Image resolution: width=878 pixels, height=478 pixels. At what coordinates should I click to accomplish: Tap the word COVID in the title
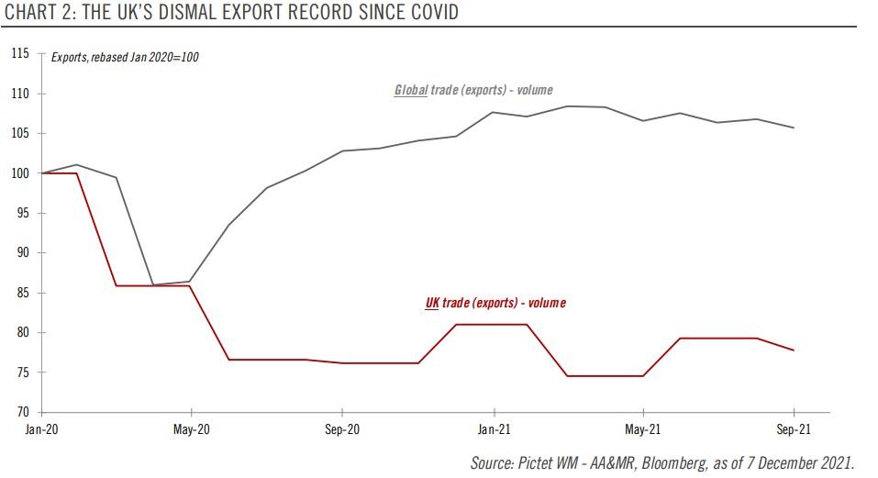click(x=430, y=12)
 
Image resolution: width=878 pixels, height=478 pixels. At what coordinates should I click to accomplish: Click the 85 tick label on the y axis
click(x=24, y=293)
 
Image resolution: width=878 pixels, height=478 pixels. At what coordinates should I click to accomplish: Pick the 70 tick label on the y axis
click(x=24, y=412)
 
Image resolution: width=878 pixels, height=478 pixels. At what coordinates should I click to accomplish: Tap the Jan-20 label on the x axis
click(x=39, y=429)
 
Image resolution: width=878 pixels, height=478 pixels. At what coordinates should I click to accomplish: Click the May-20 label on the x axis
click(x=190, y=429)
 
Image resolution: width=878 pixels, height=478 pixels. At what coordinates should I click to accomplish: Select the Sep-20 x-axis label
click(x=341, y=429)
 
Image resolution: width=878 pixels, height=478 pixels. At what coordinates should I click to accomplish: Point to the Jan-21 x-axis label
click(x=494, y=429)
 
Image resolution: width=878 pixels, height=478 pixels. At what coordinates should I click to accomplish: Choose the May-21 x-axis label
click(x=643, y=429)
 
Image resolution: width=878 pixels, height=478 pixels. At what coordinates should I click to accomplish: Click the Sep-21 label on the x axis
click(x=794, y=429)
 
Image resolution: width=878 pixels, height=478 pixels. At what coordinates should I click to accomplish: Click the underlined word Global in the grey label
click(x=411, y=90)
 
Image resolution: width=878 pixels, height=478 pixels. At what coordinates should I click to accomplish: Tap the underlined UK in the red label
click(x=432, y=303)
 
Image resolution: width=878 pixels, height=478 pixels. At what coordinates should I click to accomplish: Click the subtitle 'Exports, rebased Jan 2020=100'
click(x=125, y=57)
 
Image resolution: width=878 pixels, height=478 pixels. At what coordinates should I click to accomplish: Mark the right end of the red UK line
click(x=794, y=350)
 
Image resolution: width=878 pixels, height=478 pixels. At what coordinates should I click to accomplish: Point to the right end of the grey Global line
click(x=794, y=128)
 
